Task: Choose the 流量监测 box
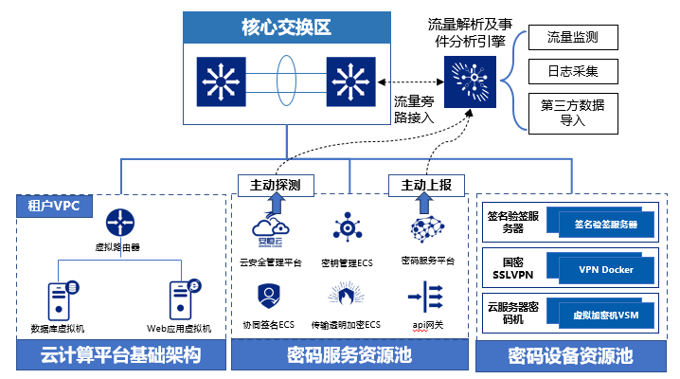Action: [573, 38]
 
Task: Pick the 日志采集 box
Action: [573, 71]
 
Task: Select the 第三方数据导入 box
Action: [573, 111]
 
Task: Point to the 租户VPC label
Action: [47, 205]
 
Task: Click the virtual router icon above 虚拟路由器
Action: [118, 224]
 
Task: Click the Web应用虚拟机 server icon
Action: [180, 298]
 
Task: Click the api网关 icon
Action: [421, 298]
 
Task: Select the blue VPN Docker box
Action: [606, 269]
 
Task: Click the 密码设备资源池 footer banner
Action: [570, 356]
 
